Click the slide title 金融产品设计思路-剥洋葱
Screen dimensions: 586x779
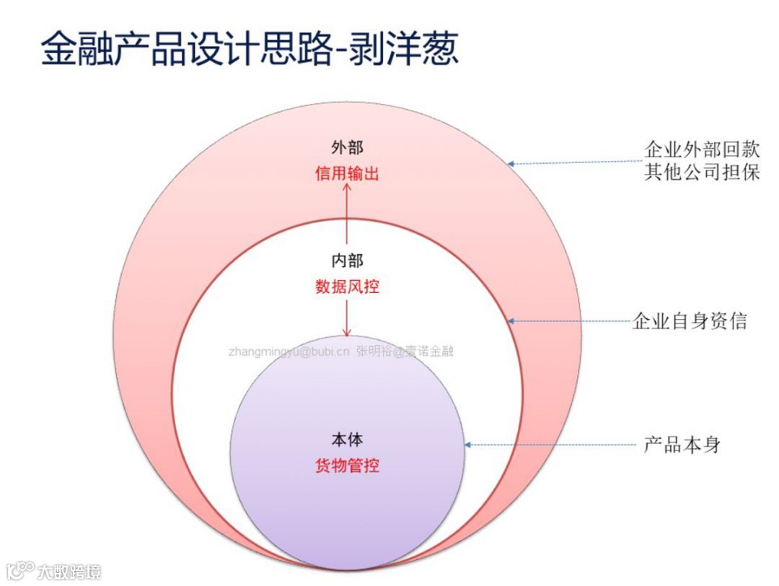250,48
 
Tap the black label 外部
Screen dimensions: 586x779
347,148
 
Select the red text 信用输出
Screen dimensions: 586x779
347,174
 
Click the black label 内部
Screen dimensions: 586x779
347,261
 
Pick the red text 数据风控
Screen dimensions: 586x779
347,287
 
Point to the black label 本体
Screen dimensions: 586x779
347,439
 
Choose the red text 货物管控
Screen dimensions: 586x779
347,465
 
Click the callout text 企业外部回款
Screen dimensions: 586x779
701,150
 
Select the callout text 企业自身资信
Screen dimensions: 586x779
689,321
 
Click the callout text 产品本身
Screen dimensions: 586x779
682,445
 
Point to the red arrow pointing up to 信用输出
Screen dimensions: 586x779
347,213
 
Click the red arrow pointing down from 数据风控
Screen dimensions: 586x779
347,318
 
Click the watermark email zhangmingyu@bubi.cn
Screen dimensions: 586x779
289,352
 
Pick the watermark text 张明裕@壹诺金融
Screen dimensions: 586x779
405,352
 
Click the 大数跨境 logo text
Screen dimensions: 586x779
69,572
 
